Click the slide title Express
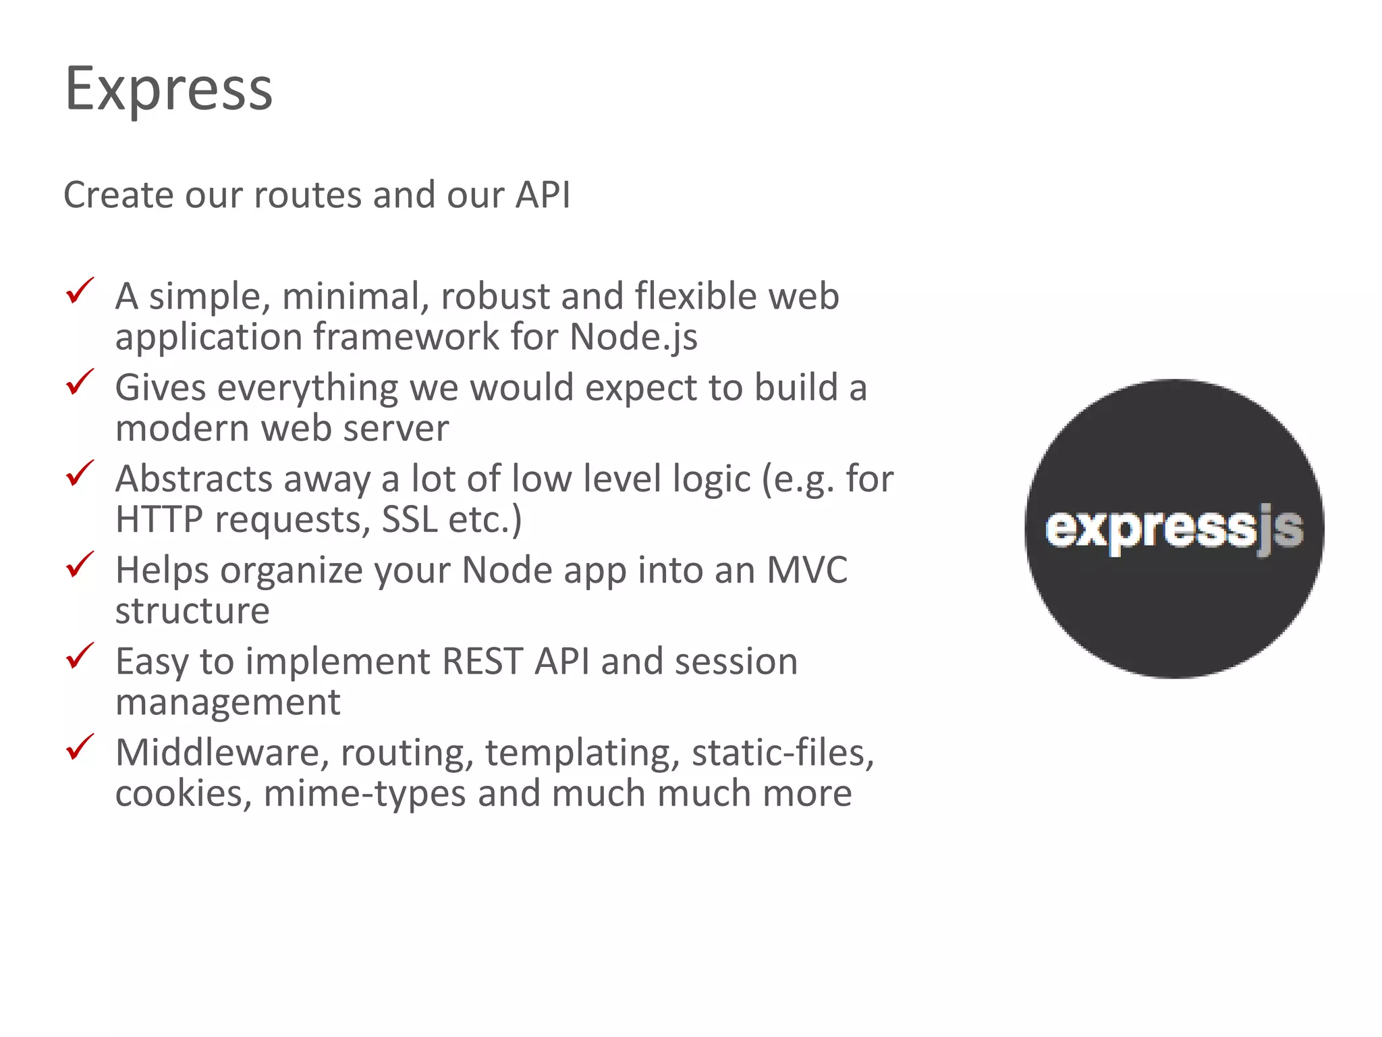pos(169,89)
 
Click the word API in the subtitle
pos(543,195)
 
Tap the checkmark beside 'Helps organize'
pos(80,565)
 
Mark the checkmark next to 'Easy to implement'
pos(80,656)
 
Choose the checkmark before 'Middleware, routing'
pos(80,747)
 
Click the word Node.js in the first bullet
pos(633,337)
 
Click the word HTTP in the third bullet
pos(159,520)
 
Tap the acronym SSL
pos(410,520)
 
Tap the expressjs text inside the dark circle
pos(1173,529)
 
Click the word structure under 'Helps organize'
pos(192,612)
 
